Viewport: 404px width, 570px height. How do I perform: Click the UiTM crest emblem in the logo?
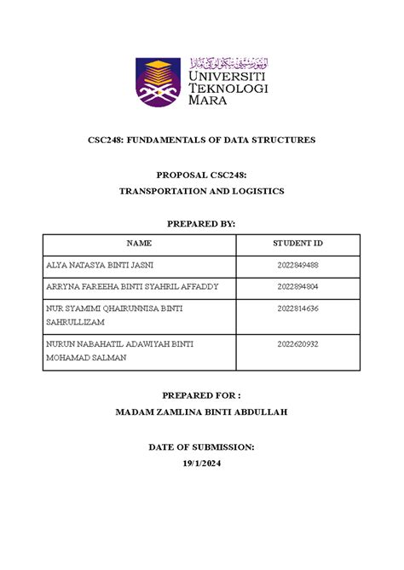pos(159,88)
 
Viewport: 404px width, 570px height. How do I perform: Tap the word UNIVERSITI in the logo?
pos(228,74)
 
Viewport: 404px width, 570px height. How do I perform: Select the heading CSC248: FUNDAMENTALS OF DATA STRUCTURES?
pos(201,140)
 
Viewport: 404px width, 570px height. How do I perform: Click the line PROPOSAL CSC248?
pos(201,176)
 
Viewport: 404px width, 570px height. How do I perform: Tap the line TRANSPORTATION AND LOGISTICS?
pos(201,192)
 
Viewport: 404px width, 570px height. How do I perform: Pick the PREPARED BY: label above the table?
pos(201,223)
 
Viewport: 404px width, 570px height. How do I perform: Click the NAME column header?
pos(139,244)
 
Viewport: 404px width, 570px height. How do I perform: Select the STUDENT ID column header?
pos(297,244)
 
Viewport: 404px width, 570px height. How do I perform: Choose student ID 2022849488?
pos(297,266)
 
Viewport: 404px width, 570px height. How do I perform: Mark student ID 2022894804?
pos(297,287)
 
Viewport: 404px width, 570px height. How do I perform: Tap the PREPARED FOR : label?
pos(201,396)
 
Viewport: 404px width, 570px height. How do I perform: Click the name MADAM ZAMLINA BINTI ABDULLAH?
pos(201,413)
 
